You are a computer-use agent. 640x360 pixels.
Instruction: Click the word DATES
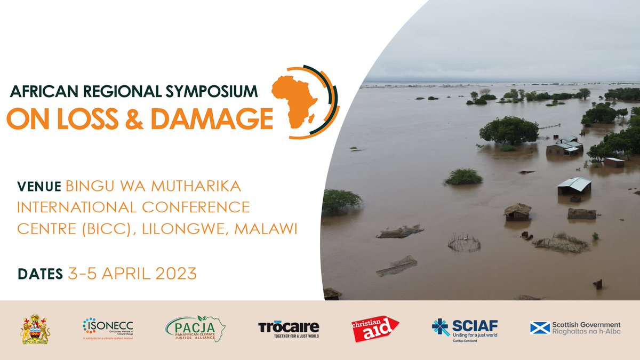40,274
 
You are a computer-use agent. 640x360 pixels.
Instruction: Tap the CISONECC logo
108,328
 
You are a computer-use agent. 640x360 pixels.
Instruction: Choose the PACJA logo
195,328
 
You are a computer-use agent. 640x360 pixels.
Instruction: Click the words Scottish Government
586,324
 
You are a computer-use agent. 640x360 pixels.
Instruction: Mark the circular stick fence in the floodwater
464,244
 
